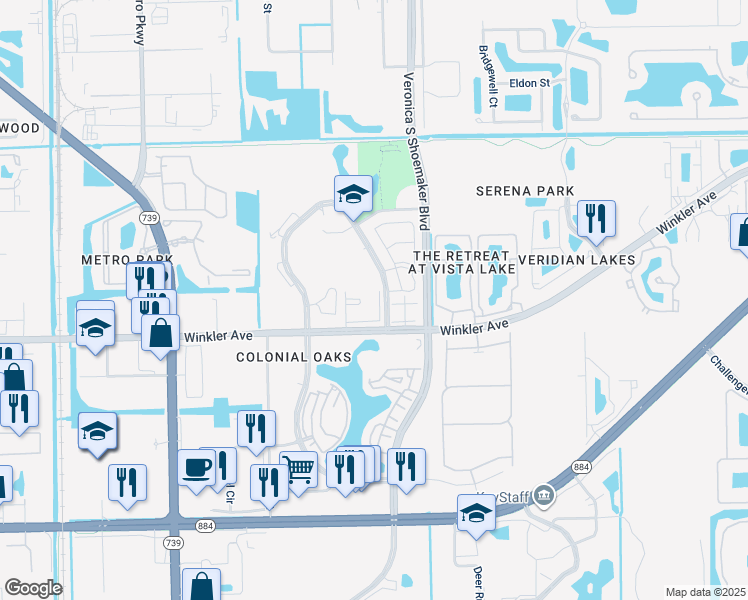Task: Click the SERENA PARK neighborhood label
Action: (525, 191)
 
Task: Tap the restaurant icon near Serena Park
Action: (596, 218)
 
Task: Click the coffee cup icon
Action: (197, 466)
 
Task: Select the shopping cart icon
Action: (300, 468)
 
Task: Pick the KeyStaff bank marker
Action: (543, 494)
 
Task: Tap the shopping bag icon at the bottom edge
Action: (202, 585)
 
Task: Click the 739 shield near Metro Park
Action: (149, 219)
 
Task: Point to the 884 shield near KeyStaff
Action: (580, 467)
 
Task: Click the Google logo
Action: (33, 588)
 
